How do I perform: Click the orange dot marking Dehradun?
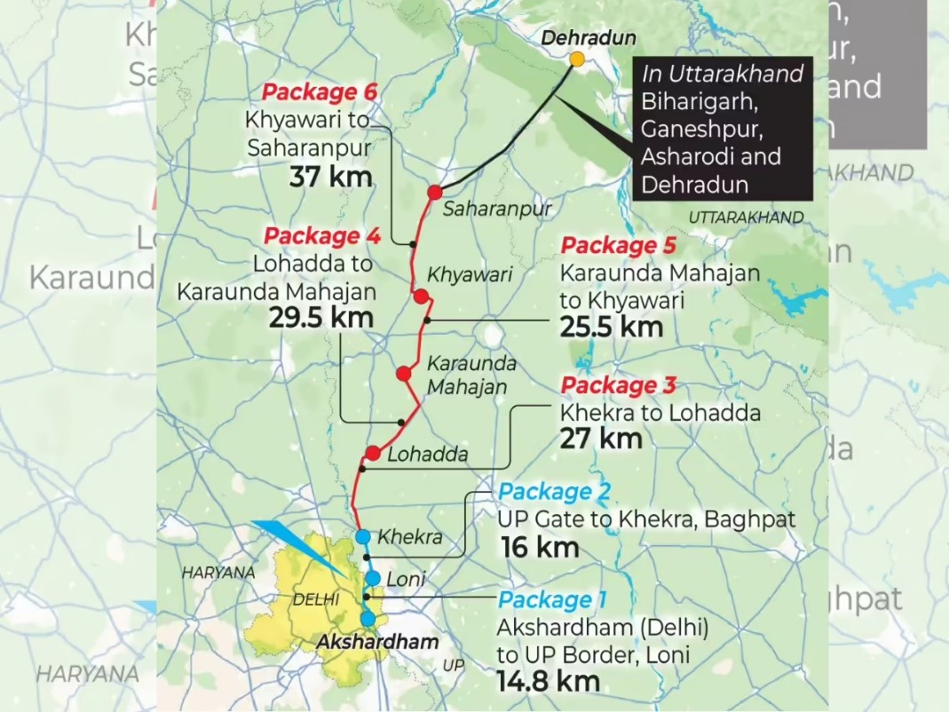click(x=577, y=59)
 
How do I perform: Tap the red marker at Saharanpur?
click(x=435, y=192)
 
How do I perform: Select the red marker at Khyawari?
click(x=421, y=297)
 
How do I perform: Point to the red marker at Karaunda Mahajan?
click(x=404, y=374)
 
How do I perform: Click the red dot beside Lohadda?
click(x=373, y=454)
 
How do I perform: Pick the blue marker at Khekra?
click(x=362, y=536)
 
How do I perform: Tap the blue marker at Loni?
click(x=373, y=578)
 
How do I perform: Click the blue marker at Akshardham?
click(x=368, y=618)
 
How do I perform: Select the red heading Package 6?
click(x=320, y=92)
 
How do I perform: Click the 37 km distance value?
click(x=330, y=176)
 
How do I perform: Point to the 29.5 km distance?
click(x=320, y=317)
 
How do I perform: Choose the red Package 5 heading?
click(x=619, y=246)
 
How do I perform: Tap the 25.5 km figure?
click(x=612, y=327)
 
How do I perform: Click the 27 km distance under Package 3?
click(x=600, y=438)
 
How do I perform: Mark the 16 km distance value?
click(x=540, y=547)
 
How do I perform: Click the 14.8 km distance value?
click(x=549, y=682)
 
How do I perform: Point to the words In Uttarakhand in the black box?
click(x=722, y=74)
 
